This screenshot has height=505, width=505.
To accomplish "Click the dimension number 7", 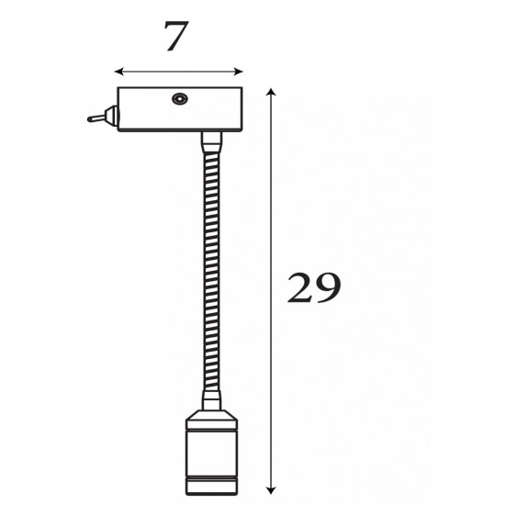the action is point(176,36).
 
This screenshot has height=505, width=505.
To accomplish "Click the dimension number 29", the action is point(313,287).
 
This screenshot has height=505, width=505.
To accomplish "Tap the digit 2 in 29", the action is point(299,287).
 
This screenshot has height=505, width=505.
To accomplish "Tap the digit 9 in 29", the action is point(328,288).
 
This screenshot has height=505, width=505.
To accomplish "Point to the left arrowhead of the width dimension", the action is point(118,72).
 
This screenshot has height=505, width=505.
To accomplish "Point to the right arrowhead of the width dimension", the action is point(239,72).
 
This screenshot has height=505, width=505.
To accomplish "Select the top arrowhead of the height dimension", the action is point(271,92).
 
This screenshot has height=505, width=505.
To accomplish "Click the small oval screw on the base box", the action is point(180,98).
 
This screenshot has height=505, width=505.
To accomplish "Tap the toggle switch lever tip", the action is point(90,119).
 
